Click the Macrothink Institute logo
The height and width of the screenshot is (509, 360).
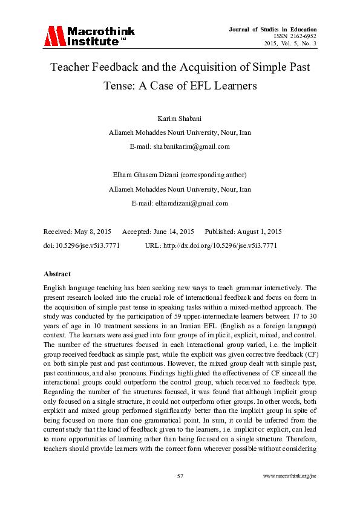pos(88,36)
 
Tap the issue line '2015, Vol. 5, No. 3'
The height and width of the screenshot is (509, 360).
pos(290,44)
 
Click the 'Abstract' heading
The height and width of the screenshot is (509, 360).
pos(57,274)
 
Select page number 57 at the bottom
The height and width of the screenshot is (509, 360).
pos(180,476)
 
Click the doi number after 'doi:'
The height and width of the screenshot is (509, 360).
pos(83,246)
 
